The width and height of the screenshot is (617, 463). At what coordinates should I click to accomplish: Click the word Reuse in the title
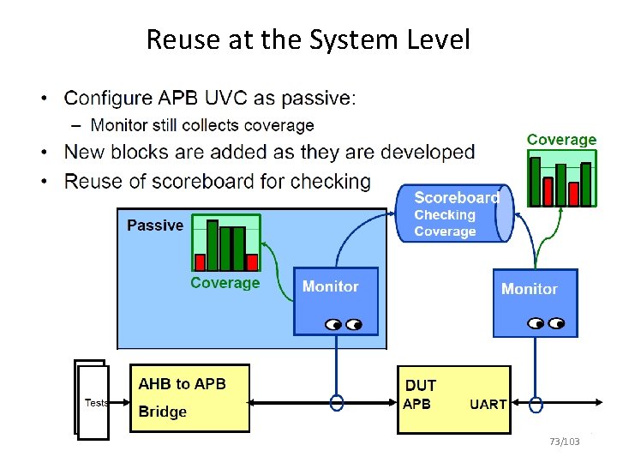pyautogui.click(x=183, y=39)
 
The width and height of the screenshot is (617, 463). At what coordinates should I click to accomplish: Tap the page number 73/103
pyautogui.click(x=565, y=442)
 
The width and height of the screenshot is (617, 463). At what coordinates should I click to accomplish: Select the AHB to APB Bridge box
pyautogui.click(x=189, y=398)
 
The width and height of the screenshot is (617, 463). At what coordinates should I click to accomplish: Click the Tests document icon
pyautogui.click(x=92, y=400)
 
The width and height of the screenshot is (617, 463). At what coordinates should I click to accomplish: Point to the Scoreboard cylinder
pyautogui.click(x=454, y=213)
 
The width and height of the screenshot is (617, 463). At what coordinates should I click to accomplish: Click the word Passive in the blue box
pyautogui.click(x=155, y=225)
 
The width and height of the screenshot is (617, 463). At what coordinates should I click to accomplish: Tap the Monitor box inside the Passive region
pyautogui.click(x=336, y=301)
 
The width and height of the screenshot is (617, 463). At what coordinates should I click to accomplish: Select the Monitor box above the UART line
pyautogui.click(x=536, y=304)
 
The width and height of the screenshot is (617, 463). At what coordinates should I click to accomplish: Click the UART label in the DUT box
pyautogui.click(x=488, y=405)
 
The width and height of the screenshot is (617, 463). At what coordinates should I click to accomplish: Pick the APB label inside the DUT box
pyautogui.click(x=416, y=404)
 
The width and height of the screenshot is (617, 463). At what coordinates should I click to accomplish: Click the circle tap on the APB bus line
pyautogui.click(x=337, y=403)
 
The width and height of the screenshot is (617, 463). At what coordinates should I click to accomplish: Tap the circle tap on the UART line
pyautogui.click(x=536, y=405)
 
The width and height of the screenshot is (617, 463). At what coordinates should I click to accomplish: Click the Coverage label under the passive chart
pyautogui.click(x=225, y=283)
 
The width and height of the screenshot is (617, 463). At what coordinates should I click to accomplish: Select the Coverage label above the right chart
pyautogui.click(x=561, y=140)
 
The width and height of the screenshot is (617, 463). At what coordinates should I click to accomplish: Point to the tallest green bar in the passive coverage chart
pyautogui.click(x=213, y=245)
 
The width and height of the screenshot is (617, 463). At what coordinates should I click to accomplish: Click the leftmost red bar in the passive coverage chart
pyautogui.click(x=200, y=262)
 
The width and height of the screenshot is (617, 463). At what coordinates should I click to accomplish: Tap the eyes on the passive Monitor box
pyautogui.click(x=344, y=324)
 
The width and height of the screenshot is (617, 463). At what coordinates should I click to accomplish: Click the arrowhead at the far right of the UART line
pyautogui.click(x=599, y=402)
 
